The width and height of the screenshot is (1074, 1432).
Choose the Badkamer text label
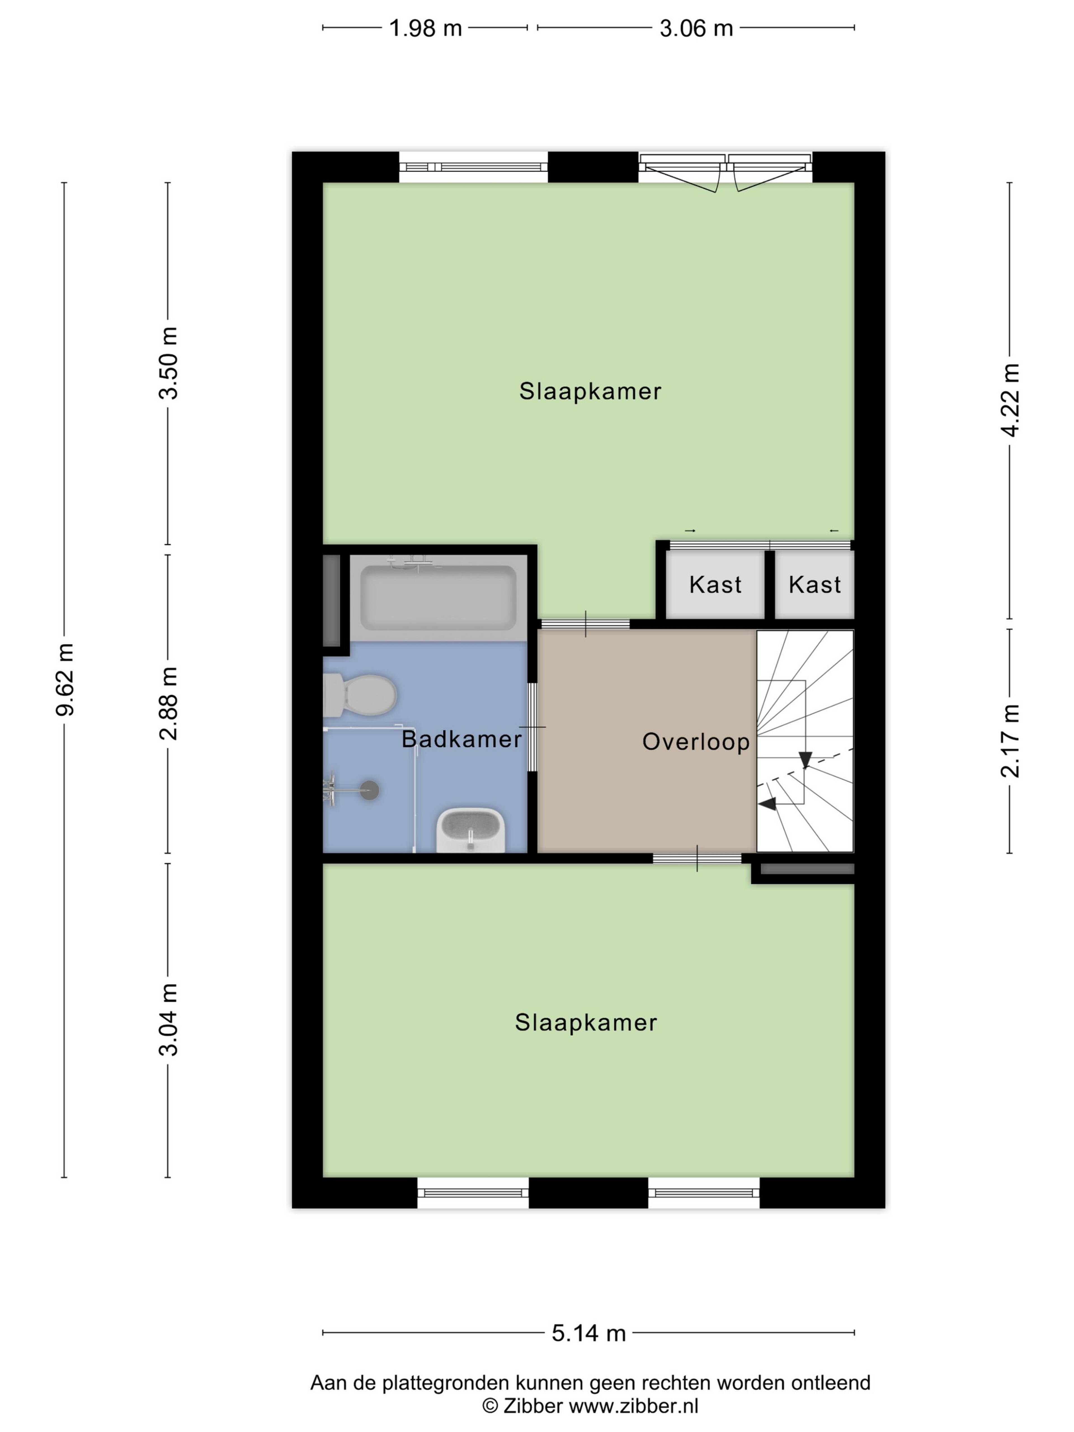point(461,739)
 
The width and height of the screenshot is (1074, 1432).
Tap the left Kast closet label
point(715,585)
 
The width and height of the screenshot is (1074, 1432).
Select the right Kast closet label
point(814,585)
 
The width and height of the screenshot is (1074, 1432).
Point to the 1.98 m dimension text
point(425,29)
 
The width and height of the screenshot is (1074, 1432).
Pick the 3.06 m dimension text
point(696,29)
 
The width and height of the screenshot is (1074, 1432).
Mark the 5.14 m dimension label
point(588,1333)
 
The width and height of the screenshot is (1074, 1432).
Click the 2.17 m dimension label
point(1010,741)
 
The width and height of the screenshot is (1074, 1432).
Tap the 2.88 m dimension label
point(168,704)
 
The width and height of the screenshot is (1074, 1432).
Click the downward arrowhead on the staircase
point(805,759)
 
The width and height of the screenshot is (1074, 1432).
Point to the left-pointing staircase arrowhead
point(767,803)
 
